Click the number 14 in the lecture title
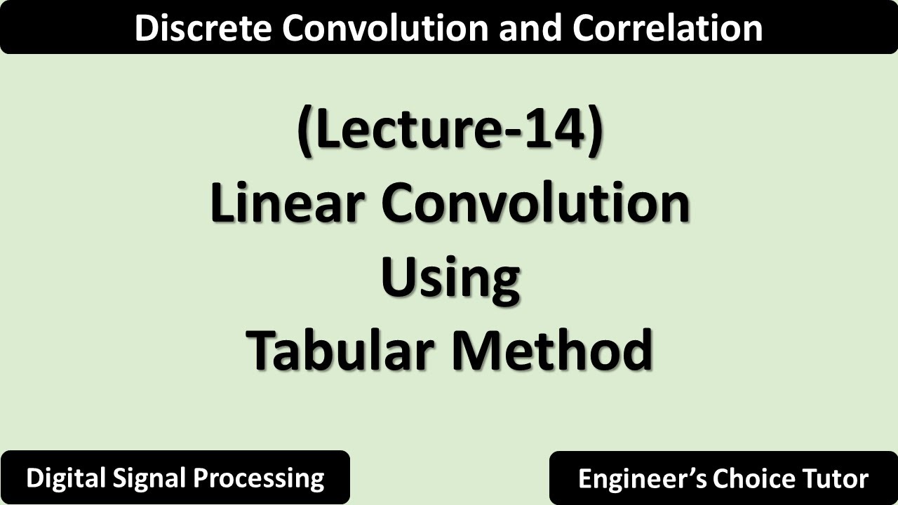(x=558, y=130)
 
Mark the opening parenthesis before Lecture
(x=304, y=132)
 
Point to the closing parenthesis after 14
(x=595, y=132)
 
